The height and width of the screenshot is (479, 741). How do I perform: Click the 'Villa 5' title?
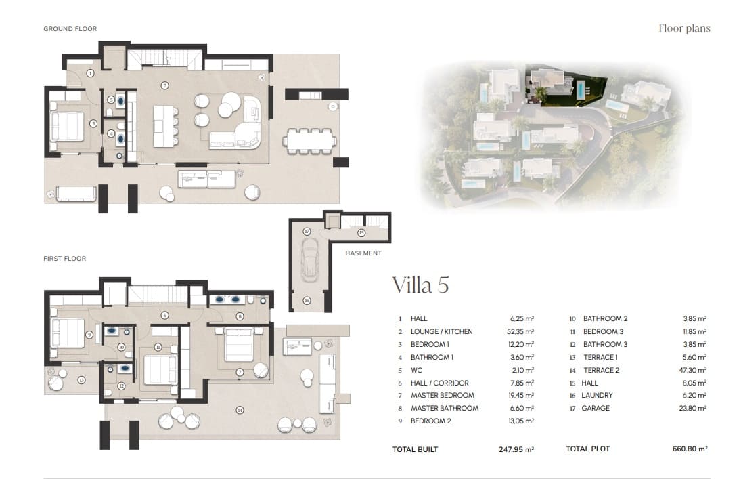(420, 285)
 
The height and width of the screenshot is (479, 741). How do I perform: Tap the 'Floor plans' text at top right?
(684, 28)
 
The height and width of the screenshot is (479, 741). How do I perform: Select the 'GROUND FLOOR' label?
(70, 29)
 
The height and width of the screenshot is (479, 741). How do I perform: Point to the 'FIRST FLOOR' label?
(64, 259)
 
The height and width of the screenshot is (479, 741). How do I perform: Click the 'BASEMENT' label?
(363, 253)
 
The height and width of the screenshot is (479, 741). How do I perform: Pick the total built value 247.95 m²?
(515, 449)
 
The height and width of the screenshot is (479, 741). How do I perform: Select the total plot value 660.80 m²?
(688, 449)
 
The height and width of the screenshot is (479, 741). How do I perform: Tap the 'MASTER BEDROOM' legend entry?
(442, 396)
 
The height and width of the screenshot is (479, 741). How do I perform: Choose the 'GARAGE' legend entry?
(595, 409)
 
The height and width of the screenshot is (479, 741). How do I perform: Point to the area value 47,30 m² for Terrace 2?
(692, 371)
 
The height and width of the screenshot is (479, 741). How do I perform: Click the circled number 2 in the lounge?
(164, 85)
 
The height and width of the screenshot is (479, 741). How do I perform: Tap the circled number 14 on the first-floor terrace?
(239, 410)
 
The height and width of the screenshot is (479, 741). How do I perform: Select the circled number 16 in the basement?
(307, 300)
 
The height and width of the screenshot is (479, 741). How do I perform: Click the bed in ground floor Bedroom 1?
(67, 126)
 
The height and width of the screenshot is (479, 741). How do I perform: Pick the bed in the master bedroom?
(238, 343)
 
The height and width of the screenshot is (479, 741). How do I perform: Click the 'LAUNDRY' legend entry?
(598, 396)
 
